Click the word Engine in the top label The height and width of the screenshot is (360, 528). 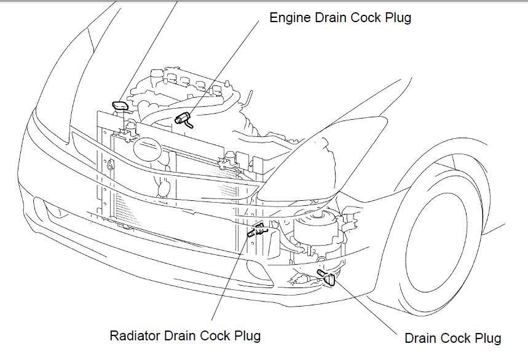tap(290, 18)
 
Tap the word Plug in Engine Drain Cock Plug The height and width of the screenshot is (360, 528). tap(397, 18)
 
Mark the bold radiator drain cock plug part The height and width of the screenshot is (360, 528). tap(255, 232)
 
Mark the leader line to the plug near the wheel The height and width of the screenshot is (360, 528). tap(369, 307)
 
